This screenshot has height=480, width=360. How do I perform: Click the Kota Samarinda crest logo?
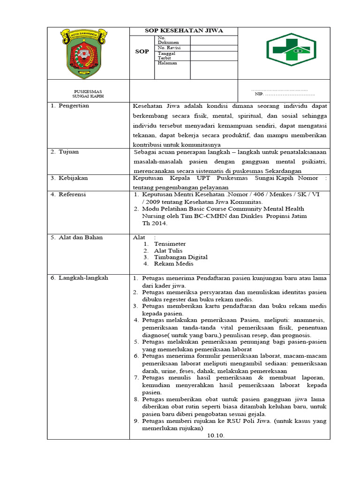coord(88,53)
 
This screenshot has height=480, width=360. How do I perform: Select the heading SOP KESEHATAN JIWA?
coord(183,31)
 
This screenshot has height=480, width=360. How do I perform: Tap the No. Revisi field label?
coord(169,48)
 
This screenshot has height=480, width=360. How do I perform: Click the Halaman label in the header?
coord(167,63)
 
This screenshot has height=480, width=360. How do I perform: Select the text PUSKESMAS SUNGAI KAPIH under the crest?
coord(88,93)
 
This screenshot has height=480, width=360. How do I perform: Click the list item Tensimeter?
coord(170,244)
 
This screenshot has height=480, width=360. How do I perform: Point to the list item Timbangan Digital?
coord(180,257)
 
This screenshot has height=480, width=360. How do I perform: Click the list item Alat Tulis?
coord(168,250)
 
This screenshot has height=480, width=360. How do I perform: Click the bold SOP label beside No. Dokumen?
coord(142,52)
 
